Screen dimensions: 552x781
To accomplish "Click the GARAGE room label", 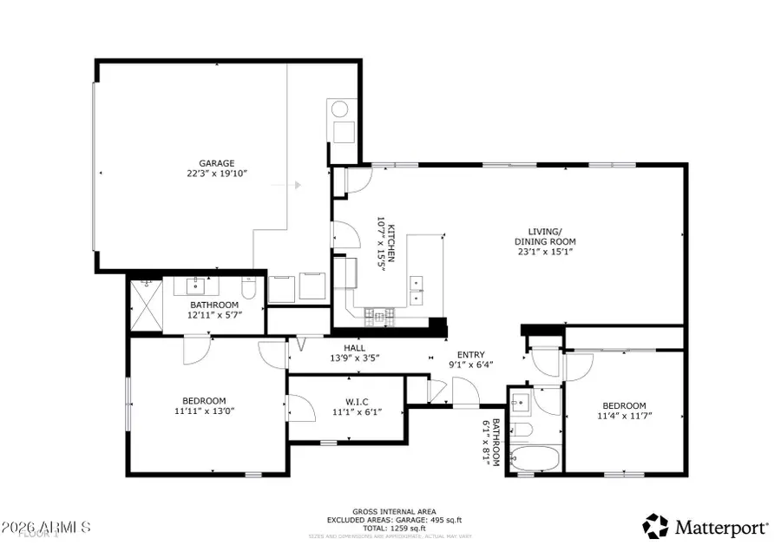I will click(x=217, y=162).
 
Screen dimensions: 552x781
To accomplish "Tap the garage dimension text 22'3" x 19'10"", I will click(x=217, y=174).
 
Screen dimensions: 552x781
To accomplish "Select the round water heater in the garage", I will click(x=340, y=109).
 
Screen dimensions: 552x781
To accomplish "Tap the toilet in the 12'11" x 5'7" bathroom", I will click(x=248, y=287).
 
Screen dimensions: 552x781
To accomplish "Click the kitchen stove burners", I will click(x=380, y=314).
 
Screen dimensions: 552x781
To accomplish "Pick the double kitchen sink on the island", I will click(x=418, y=290).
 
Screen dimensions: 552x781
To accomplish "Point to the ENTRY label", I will click(x=471, y=354).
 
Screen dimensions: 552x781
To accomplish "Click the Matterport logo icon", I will click(x=656, y=526).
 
